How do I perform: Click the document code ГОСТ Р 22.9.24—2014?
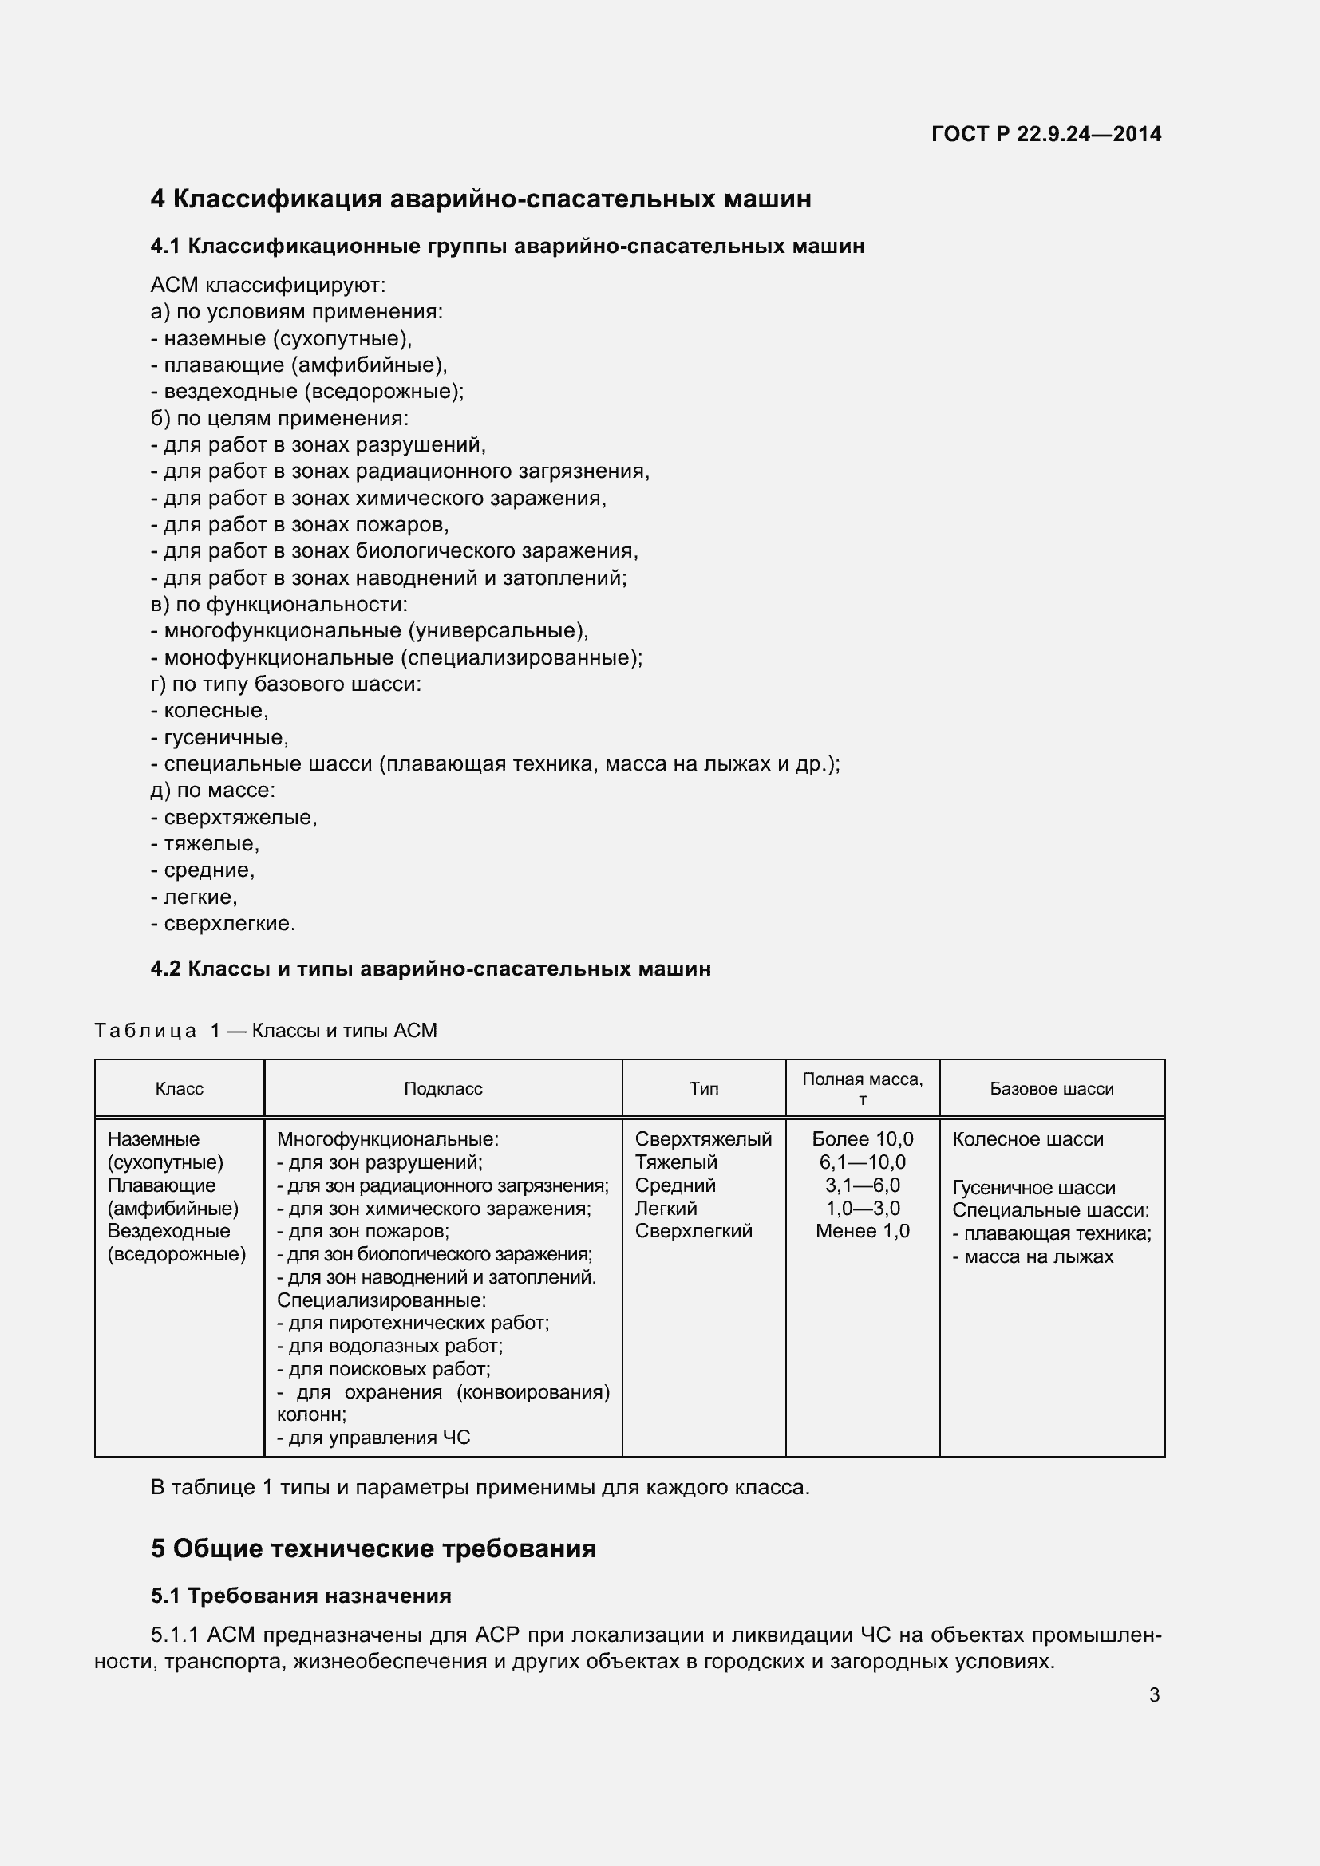point(1045,134)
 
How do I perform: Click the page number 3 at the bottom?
point(1154,1695)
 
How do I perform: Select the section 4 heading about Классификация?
point(480,199)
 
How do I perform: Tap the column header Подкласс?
point(443,1089)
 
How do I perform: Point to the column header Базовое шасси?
point(1051,1089)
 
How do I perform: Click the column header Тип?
point(703,1089)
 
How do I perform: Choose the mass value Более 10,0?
point(863,1139)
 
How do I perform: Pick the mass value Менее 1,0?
point(863,1231)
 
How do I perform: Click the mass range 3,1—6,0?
point(863,1185)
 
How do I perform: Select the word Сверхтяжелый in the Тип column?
point(703,1139)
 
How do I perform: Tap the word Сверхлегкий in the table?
point(694,1231)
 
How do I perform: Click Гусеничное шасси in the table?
point(1033,1188)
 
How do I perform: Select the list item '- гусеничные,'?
point(219,738)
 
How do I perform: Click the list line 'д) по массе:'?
point(213,791)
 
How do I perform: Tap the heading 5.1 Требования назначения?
point(301,1596)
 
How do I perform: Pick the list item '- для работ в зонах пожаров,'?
point(300,525)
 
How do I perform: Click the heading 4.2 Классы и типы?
point(430,969)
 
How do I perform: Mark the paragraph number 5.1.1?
point(175,1635)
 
